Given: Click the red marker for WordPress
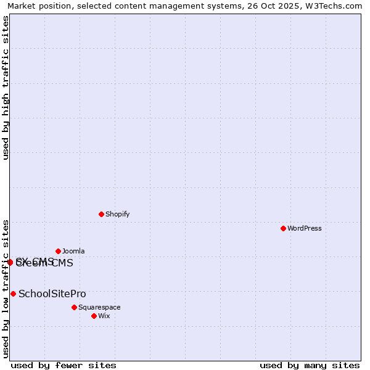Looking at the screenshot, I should pos(283,228).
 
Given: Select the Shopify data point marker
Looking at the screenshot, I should pos(101,214).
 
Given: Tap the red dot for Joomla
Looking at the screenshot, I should pos(58,251).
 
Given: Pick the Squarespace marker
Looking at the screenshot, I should pos(74,307).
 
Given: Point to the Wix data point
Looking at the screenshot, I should pos(94,316).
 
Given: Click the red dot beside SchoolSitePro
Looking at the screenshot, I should pos(13,294).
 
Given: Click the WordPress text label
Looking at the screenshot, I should pos(305,228).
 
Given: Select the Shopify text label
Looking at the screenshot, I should pos(117,214).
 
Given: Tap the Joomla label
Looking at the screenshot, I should pos(73,251).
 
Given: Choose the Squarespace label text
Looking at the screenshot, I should pos(99,307).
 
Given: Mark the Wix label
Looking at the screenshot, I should pos(104,316).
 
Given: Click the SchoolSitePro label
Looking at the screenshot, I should pos(52,294).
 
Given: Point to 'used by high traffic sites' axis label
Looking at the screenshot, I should pos(6,88).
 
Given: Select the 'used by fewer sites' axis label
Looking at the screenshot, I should pos(64,365).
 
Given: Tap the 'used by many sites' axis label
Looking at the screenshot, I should pos(310,365).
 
